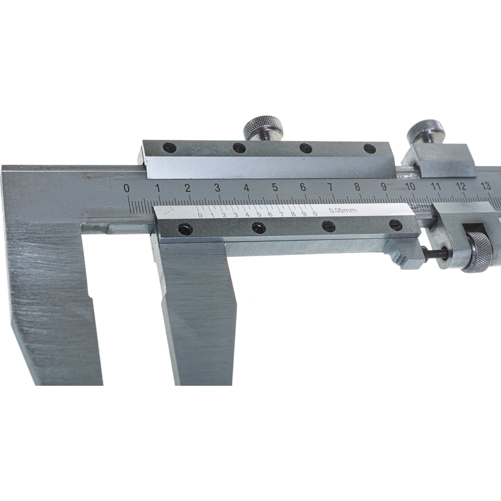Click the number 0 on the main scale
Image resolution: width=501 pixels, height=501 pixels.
[127, 188]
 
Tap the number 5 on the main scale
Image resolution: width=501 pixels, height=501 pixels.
[275, 187]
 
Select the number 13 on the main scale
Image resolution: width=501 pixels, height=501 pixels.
[485, 186]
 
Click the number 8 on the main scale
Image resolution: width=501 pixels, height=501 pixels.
[358, 186]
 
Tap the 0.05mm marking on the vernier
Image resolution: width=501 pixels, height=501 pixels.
[343, 210]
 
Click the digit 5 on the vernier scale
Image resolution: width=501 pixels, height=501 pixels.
[259, 214]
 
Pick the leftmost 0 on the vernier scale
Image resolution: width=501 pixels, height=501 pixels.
[200, 215]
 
